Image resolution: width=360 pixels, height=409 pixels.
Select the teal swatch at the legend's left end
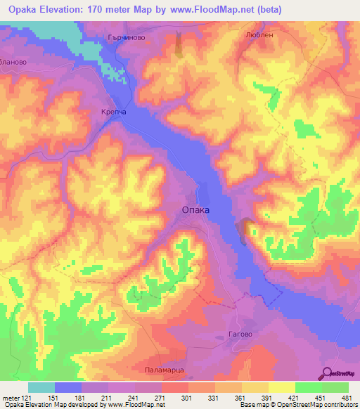point(41,387)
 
